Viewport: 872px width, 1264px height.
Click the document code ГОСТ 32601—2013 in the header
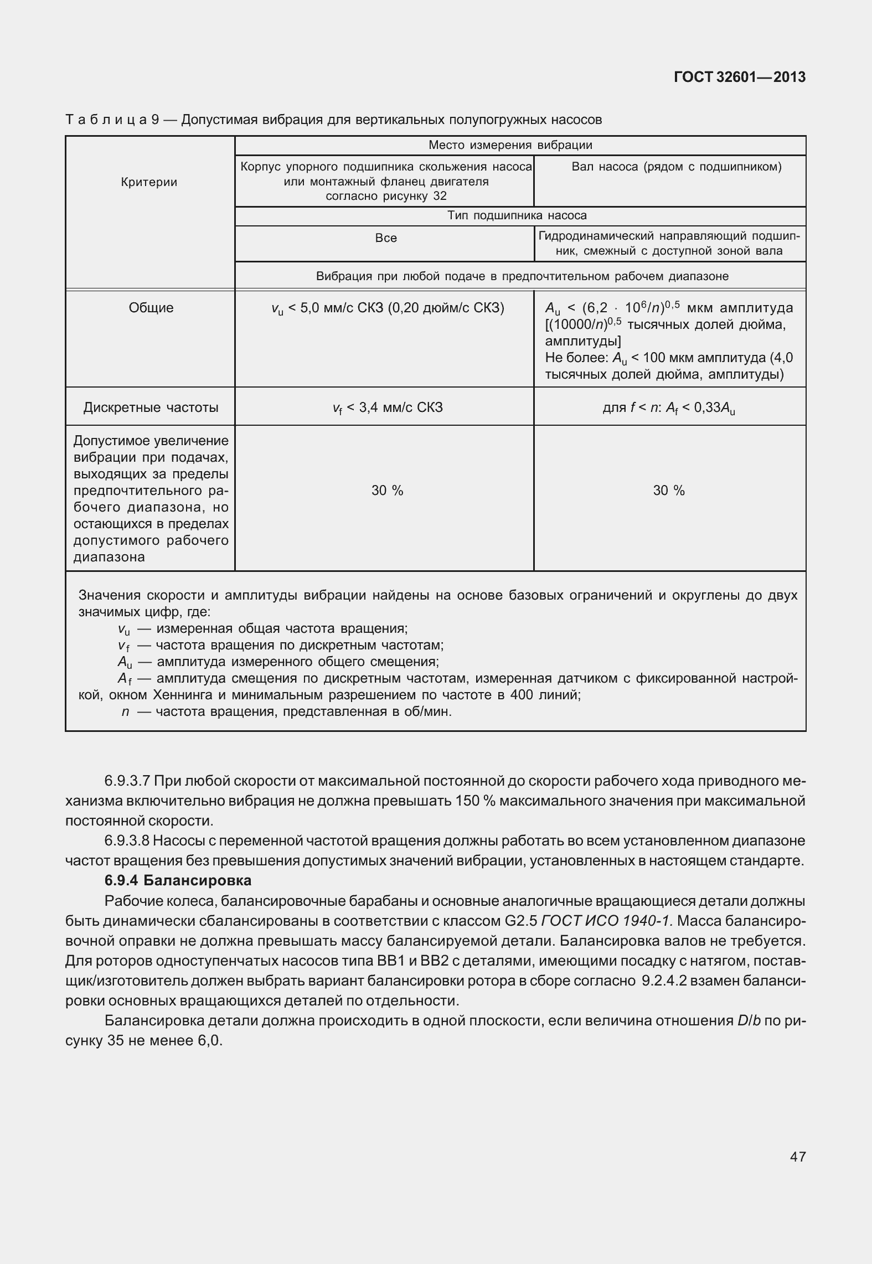pos(739,78)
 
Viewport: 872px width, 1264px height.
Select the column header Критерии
pos(149,182)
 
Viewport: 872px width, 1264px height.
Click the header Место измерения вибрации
pos(510,146)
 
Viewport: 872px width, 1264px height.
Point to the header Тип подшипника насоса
pos(517,215)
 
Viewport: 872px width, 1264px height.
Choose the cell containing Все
pos(386,238)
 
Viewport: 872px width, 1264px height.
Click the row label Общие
pos(151,308)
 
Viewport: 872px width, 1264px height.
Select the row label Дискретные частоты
pos(151,408)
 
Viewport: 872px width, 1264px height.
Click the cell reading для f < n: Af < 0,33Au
pos(669,408)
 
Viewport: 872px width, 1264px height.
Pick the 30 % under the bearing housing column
pos(387,491)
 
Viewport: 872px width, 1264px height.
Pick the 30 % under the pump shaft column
pos(669,491)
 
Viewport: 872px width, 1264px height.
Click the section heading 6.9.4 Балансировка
pos(178,880)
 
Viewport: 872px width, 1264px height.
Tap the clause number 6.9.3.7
pos(127,781)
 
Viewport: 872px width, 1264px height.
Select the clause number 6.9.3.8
pos(127,841)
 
